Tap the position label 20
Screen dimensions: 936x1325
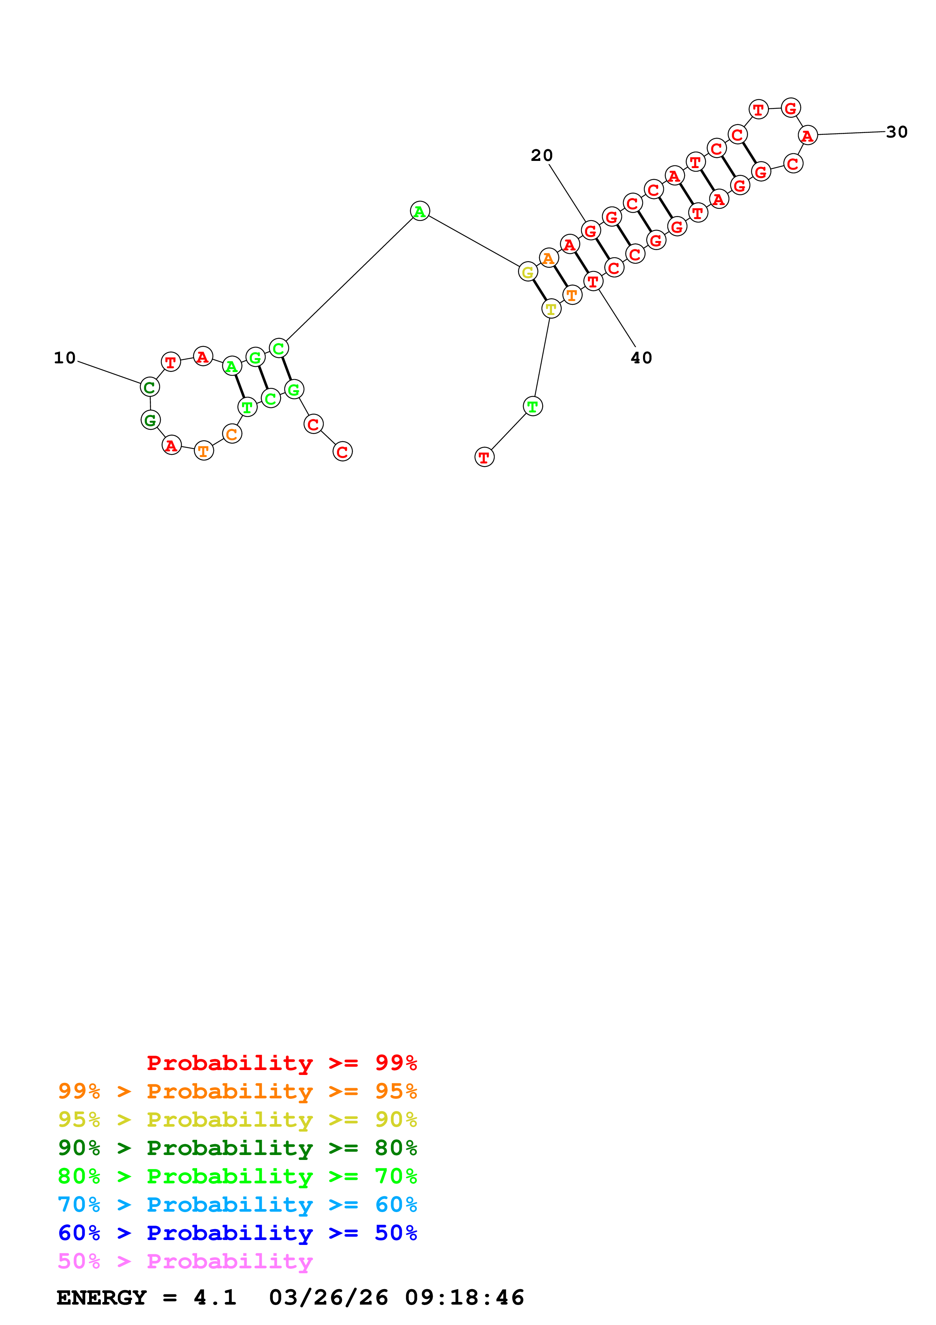[x=541, y=155]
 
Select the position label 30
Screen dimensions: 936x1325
[x=896, y=132]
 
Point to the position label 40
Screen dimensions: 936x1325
[x=641, y=358]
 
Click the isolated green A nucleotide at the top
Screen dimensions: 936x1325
[x=420, y=211]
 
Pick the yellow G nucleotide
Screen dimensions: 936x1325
[x=528, y=272]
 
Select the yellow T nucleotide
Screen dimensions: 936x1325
[x=551, y=309]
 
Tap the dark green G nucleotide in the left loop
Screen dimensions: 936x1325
[x=151, y=420]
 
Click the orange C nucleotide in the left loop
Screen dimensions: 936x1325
[x=232, y=434]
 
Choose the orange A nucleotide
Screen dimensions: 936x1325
[x=549, y=258]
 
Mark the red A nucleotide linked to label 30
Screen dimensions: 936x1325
[x=807, y=136]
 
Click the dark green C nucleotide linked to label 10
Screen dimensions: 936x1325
[x=150, y=387]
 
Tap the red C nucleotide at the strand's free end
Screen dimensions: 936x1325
[x=342, y=452]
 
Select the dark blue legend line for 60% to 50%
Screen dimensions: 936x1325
[x=237, y=1233]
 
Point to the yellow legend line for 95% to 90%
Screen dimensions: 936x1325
[x=237, y=1120]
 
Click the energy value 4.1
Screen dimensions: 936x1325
[x=215, y=1298]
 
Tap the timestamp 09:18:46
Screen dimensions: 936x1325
[x=464, y=1298]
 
